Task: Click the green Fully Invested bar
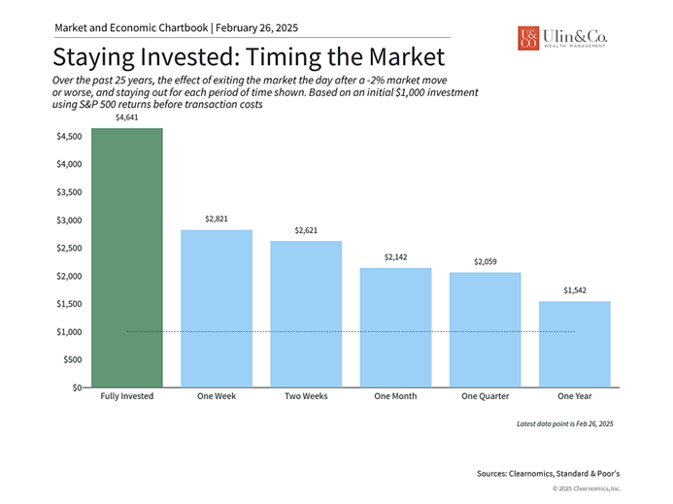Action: (x=127, y=257)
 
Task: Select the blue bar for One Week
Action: (x=217, y=308)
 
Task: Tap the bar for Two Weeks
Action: (x=306, y=314)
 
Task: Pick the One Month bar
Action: (x=395, y=327)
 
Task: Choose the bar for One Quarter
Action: (x=485, y=330)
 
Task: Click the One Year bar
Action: (x=575, y=344)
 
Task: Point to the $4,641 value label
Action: (x=126, y=118)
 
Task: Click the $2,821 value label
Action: (x=217, y=218)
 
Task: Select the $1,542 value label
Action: (x=575, y=290)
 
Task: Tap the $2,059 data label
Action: (x=485, y=261)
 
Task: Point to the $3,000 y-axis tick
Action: (x=69, y=220)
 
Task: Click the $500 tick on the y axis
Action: (x=73, y=359)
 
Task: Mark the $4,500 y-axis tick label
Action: (x=69, y=137)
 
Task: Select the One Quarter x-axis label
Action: (x=485, y=396)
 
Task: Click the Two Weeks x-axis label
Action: (x=306, y=396)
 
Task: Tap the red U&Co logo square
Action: (x=528, y=38)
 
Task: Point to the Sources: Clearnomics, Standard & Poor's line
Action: (x=548, y=474)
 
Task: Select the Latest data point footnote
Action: (x=565, y=423)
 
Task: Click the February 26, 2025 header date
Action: (x=256, y=28)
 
